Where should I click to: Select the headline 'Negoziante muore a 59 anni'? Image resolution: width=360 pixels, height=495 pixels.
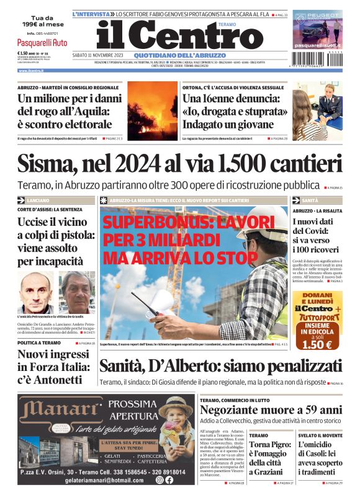point(271,409)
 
